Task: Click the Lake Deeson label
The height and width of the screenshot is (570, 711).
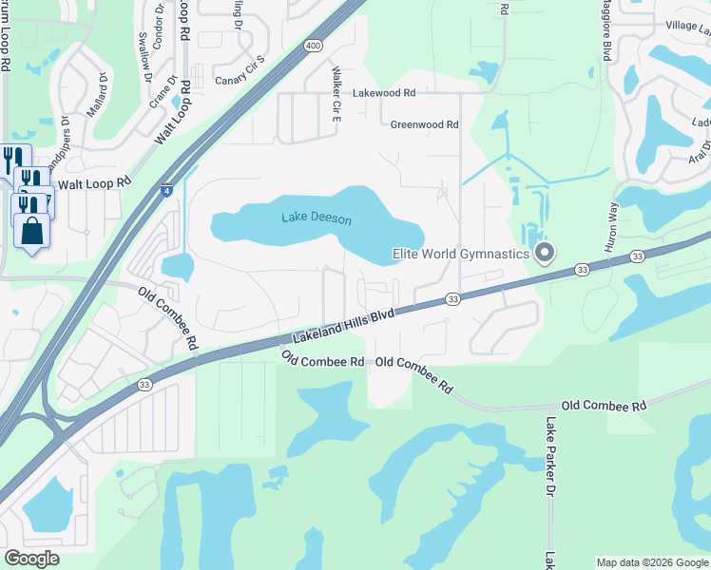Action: click(x=317, y=218)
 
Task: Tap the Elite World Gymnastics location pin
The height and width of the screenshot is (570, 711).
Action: click(x=545, y=254)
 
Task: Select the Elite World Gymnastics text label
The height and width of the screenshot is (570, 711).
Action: click(x=460, y=254)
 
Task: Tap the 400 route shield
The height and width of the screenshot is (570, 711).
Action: click(x=314, y=46)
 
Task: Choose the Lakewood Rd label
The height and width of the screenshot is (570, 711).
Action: click(x=384, y=94)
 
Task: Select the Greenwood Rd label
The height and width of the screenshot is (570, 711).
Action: click(x=424, y=124)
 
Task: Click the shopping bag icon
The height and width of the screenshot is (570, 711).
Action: click(x=31, y=231)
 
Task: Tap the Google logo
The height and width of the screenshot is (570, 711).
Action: click(x=31, y=559)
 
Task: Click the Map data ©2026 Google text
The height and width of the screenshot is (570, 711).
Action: click(x=652, y=562)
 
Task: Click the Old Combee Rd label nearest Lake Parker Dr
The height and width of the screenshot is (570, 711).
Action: click(x=604, y=406)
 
